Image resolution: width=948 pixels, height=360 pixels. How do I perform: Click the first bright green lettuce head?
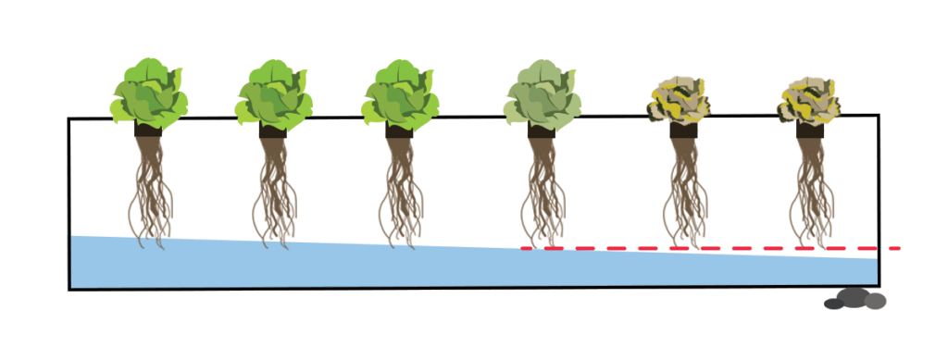pos(150,93)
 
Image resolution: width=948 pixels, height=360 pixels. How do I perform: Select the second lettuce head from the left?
pos(272,93)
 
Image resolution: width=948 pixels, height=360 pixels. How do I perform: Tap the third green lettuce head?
pos(399,93)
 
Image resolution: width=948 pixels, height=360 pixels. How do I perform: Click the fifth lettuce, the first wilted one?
pos(681,99)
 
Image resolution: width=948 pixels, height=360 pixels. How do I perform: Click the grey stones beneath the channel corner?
pos(855,300)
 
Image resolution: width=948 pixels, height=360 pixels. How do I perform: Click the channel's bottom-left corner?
pos(70,289)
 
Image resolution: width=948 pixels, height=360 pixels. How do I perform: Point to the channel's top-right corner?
pos(877,117)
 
